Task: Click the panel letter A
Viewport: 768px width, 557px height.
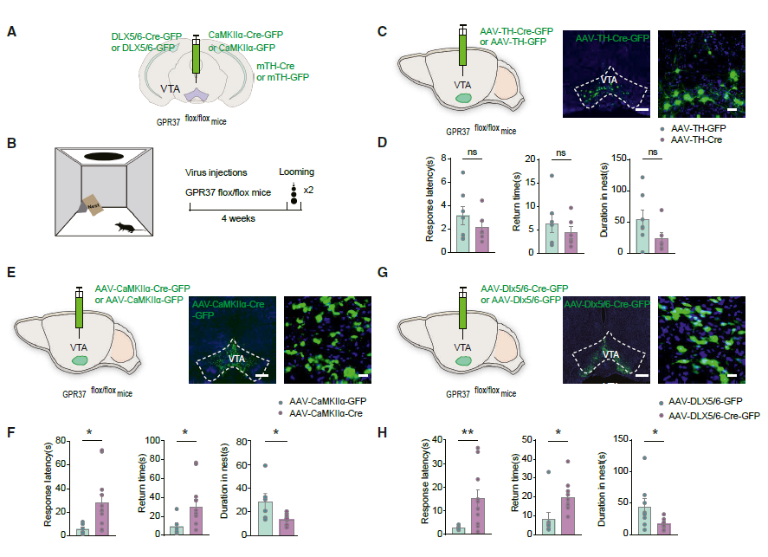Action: (11, 32)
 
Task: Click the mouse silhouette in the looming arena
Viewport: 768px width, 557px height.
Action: (125, 228)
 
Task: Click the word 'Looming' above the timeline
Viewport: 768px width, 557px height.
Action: (297, 172)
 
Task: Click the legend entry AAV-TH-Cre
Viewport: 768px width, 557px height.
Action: (692, 139)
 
